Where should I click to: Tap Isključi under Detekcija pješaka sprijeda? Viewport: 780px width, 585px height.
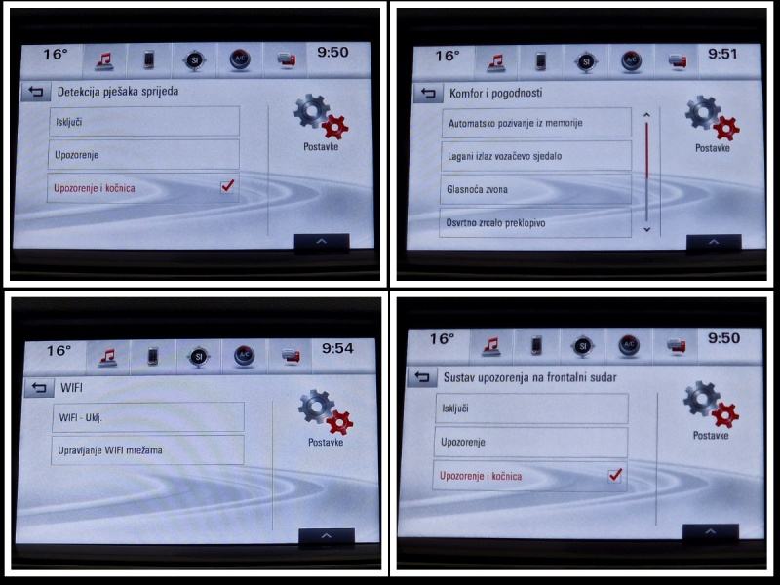pos(144,121)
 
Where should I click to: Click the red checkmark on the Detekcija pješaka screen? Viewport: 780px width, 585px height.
pos(228,185)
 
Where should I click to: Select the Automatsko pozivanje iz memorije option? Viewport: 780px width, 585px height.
pos(536,123)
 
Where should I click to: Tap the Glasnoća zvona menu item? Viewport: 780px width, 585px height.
pos(535,189)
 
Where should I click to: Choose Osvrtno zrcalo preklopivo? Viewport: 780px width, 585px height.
pos(534,223)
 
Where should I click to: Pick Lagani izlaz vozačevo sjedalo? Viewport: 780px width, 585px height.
pos(535,156)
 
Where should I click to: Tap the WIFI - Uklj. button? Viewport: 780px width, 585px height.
pos(148,417)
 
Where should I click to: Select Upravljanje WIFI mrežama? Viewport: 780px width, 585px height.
pos(147,450)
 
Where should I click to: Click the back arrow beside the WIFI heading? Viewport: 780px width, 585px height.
pos(39,387)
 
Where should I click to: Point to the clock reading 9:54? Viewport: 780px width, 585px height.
pos(337,348)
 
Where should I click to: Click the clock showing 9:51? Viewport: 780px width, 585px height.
pos(722,54)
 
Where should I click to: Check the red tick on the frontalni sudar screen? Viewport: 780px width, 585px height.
pos(615,474)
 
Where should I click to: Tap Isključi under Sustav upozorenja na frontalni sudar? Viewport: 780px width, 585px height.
pos(531,409)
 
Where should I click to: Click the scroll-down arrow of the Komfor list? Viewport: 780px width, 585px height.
pos(646,229)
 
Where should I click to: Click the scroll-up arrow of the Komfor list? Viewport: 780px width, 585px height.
pos(646,115)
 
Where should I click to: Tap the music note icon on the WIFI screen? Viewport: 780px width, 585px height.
pos(108,357)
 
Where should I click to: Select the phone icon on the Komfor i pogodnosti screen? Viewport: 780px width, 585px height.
pos(541,61)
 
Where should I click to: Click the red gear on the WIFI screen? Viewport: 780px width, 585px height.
pos(339,423)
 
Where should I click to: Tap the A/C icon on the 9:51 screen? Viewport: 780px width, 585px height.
pos(631,60)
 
